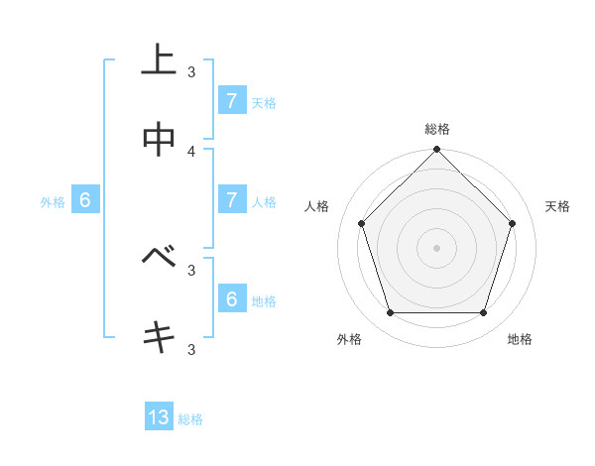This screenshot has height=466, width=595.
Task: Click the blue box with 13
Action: coord(159,417)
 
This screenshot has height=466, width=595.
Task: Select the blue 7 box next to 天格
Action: coord(231,100)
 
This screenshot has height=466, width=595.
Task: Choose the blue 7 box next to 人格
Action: coord(231,199)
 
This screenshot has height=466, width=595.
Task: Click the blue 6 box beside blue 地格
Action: coord(231,298)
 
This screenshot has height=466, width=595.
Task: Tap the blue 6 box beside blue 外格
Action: coord(84,199)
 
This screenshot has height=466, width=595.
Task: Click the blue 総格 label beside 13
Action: coord(190,419)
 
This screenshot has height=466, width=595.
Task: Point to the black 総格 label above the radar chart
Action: coord(436,129)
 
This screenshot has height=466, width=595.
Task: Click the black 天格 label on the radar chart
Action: coord(557,206)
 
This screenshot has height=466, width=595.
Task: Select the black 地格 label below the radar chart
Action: coord(520,339)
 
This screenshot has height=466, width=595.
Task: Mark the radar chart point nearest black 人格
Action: coord(361,223)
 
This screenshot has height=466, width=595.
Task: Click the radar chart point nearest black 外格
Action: coord(390,312)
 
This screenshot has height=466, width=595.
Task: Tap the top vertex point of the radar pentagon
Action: coord(436,151)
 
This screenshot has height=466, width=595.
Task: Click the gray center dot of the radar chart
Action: coord(436,247)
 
